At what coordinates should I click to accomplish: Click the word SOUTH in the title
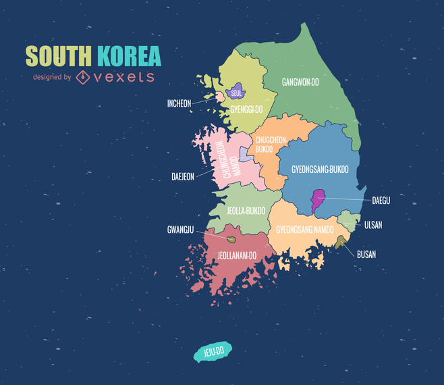click(x=59, y=55)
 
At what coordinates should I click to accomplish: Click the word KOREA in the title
click(x=129, y=55)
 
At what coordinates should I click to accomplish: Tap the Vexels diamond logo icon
click(x=84, y=76)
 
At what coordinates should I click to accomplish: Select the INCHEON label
click(x=179, y=103)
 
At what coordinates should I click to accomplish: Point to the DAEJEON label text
click(x=182, y=177)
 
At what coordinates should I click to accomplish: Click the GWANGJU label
click(x=180, y=230)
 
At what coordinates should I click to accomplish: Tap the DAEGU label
click(x=381, y=201)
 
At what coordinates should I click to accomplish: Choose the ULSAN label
click(x=373, y=225)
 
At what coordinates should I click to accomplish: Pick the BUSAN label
click(x=366, y=255)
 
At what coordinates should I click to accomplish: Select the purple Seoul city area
click(x=235, y=93)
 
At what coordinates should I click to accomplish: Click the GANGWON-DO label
click(x=300, y=82)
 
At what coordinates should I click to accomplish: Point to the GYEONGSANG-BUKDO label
click(x=320, y=169)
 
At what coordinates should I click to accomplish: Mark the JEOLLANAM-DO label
click(x=237, y=256)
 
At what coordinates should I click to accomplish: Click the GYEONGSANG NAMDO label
click(x=304, y=230)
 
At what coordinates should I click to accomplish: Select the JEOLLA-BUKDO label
click(x=246, y=210)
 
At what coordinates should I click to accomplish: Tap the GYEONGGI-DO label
click(x=246, y=109)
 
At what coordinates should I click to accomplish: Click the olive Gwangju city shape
click(x=231, y=239)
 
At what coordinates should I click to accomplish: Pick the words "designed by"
click(x=52, y=77)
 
